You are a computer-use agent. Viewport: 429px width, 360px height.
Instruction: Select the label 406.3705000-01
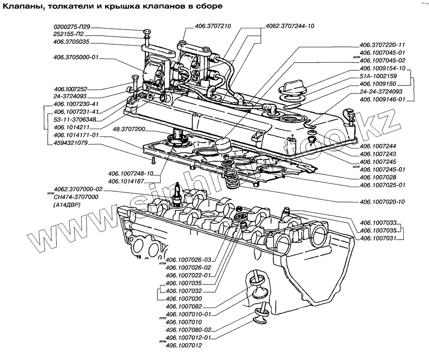[x=76, y=57]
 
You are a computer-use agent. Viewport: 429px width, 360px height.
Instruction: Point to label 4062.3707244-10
[x=290, y=26]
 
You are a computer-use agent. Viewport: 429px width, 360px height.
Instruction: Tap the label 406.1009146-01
[x=383, y=100]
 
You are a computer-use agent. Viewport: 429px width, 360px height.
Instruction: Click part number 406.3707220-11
[x=383, y=45]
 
